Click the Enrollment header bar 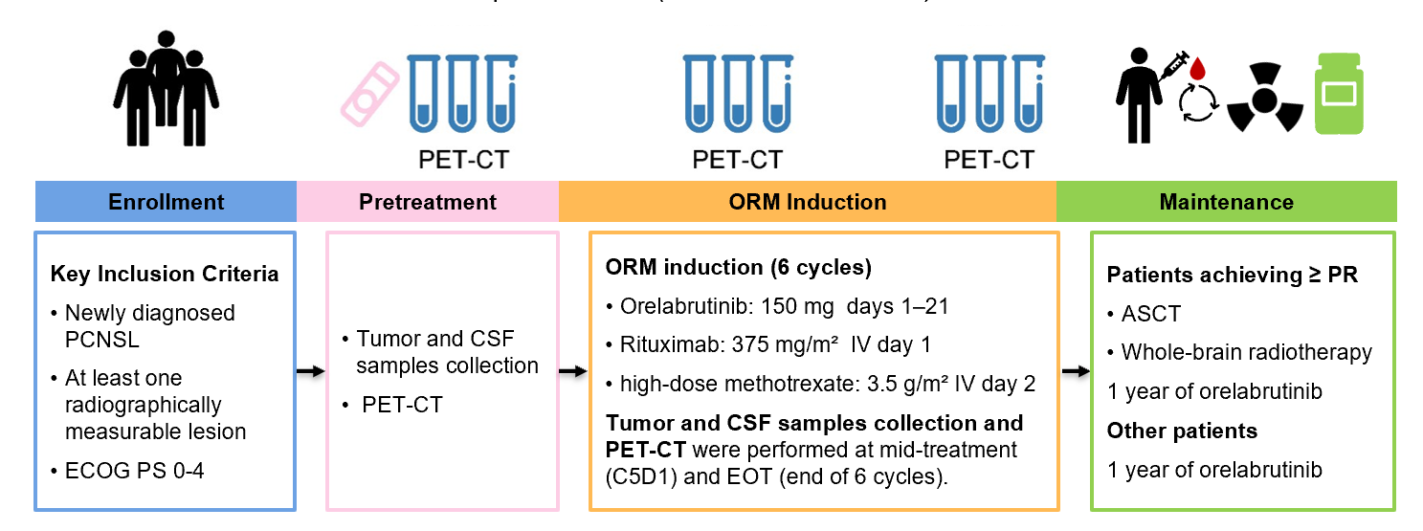(x=166, y=202)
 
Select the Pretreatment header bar (x=428, y=202)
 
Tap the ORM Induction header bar (x=807, y=202)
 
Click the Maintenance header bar (x=1226, y=202)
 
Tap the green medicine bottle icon (x=1339, y=95)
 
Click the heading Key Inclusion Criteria (x=165, y=274)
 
